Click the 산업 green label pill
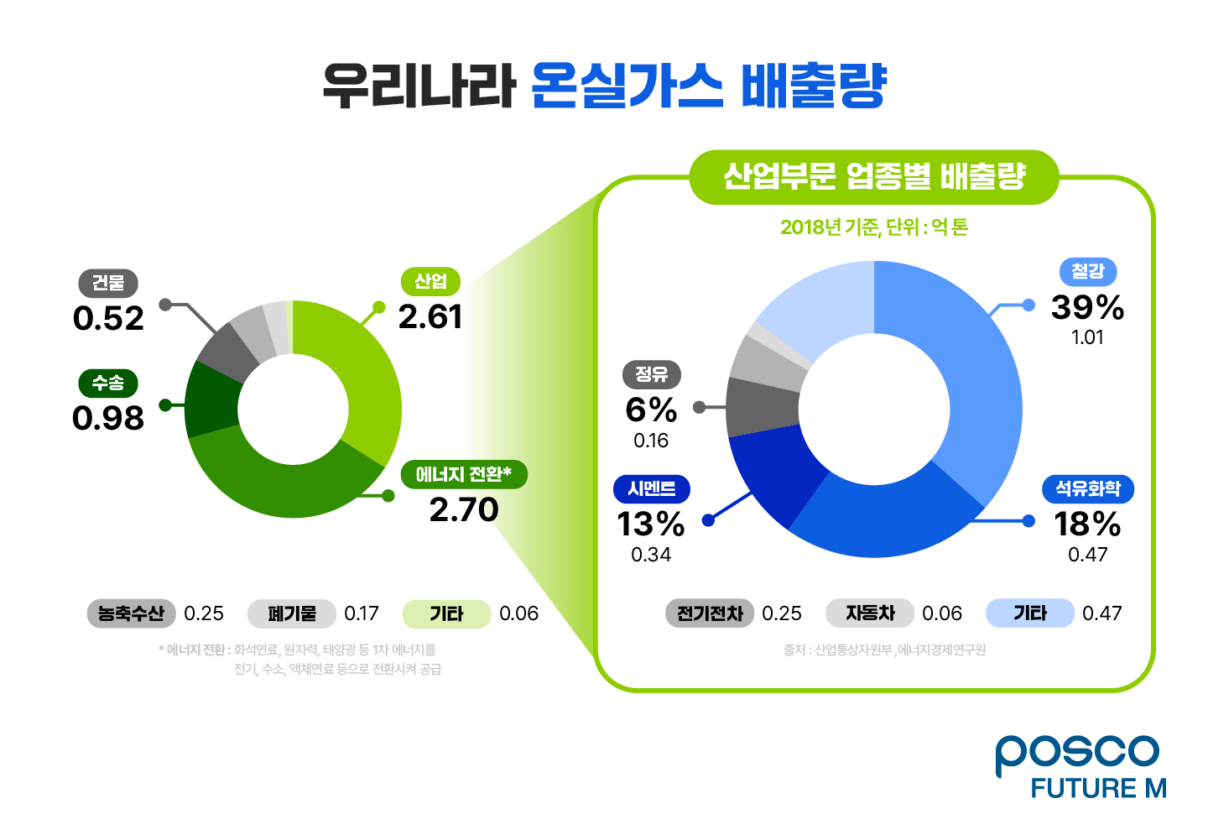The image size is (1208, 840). click(x=430, y=281)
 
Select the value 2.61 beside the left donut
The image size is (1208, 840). click(x=430, y=317)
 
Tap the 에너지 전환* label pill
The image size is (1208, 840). click(x=464, y=474)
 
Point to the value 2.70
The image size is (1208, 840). click(x=464, y=510)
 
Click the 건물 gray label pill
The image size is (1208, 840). click(x=108, y=283)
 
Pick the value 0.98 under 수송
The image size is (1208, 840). click(x=108, y=418)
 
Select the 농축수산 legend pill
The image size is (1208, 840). click(x=131, y=613)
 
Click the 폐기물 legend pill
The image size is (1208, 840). click(x=292, y=613)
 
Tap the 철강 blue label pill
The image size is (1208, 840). click(x=1088, y=272)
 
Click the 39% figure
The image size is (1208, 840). click(x=1088, y=307)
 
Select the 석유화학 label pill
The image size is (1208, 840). click(x=1088, y=488)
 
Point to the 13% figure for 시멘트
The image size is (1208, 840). click(x=651, y=524)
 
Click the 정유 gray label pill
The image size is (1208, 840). click(x=651, y=374)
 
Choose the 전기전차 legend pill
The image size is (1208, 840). click(x=710, y=613)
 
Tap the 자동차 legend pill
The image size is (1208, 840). click(x=870, y=613)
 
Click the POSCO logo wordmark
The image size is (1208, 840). click(x=1077, y=753)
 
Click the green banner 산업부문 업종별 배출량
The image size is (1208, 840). click(x=874, y=177)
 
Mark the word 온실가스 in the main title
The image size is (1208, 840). click(x=627, y=86)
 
